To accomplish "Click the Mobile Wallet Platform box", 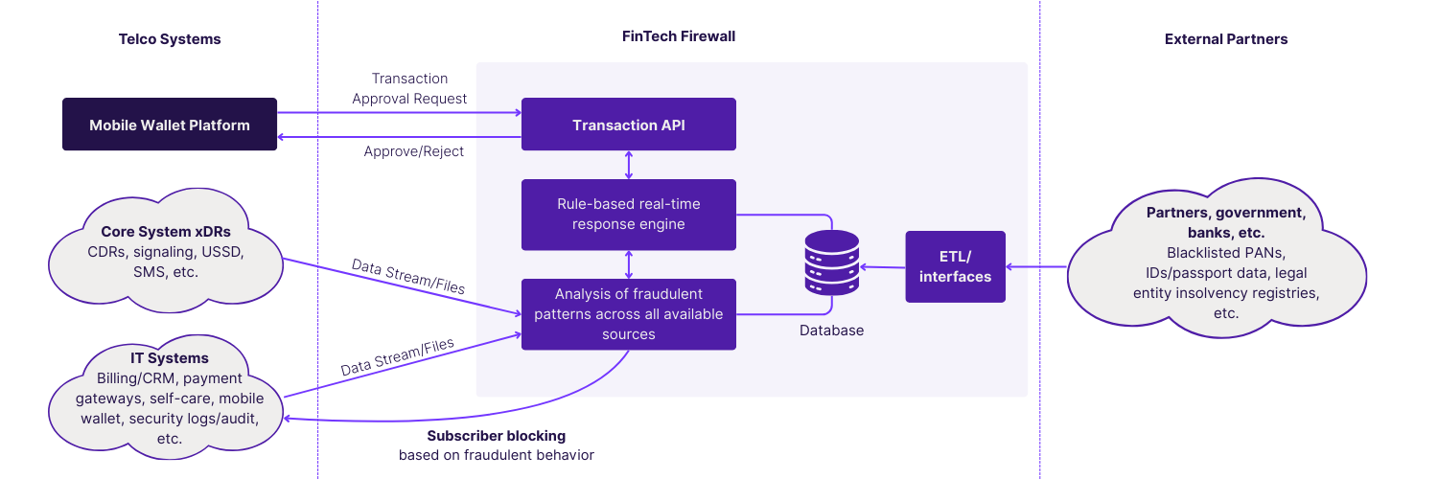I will pos(170,125).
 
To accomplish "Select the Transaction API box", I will pos(628,125).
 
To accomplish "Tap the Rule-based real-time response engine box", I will pos(628,215).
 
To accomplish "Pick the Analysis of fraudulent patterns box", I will pos(628,313).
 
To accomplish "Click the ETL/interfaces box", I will pos(955,267).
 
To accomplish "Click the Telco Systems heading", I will pos(170,39).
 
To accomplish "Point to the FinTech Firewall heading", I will pos(678,36).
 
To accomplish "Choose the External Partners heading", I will pos(1225,39).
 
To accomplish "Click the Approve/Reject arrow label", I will pos(413,152).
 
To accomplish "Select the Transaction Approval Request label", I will pos(409,88).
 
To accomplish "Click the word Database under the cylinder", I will pos(831,331).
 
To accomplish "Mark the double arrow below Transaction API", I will pos(629,164).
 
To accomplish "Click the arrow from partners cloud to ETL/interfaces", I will pos(1036,267).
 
